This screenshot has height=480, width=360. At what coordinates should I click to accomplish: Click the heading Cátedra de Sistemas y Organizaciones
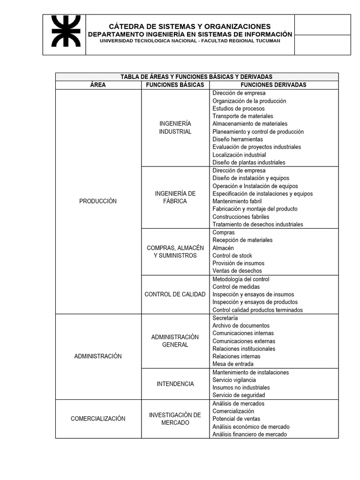click(190, 26)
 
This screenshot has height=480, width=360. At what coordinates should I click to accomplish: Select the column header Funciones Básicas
click(175, 85)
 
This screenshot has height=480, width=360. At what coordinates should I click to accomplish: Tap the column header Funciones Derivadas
click(273, 85)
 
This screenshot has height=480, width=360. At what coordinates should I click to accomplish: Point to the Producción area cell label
click(98, 201)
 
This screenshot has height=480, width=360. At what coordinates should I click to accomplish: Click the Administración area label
click(98, 356)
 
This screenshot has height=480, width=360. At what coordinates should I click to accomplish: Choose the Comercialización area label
click(98, 419)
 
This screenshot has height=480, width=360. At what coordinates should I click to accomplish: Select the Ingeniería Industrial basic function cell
click(175, 127)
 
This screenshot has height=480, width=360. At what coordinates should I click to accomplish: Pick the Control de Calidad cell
click(175, 294)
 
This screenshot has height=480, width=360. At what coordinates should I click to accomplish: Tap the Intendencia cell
click(175, 384)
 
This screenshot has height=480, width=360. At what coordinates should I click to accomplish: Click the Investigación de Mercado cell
click(175, 419)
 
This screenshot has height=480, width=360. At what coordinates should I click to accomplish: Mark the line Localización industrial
click(239, 155)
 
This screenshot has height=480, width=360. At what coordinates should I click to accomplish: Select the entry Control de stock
click(232, 255)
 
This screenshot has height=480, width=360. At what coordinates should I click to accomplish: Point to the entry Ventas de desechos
click(237, 271)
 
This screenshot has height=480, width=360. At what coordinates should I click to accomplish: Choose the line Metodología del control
click(240, 279)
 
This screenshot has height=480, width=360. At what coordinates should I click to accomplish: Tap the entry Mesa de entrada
click(233, 364)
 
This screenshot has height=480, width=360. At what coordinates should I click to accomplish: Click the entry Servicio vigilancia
click(234, 380)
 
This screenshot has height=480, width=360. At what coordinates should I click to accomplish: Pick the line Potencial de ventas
click(236, 419)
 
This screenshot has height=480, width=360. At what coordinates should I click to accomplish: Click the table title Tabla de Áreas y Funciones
click(196, 77)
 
